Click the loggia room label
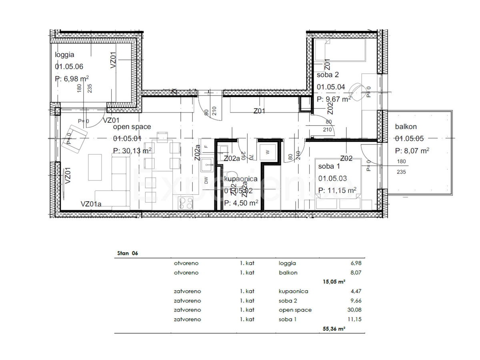(x=65, y=55)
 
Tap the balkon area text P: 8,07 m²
(x=412, y=151)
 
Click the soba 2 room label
(x=328, y=75)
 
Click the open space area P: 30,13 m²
(x=132, y=150)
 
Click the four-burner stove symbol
(x=185, y=203)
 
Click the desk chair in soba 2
(x=357, y=90)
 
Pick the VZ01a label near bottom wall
(x=91, y=204)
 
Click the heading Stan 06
(x=128, y=253)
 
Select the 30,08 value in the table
(x=353, y=310)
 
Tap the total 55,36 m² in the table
(x=334, y=329)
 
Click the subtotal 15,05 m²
(x=334, y=282)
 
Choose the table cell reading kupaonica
(x=294, y=291)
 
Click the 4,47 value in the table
(x=355, y=291)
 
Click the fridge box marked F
(x=206, y=146)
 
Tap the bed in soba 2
(x=340, y=50)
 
